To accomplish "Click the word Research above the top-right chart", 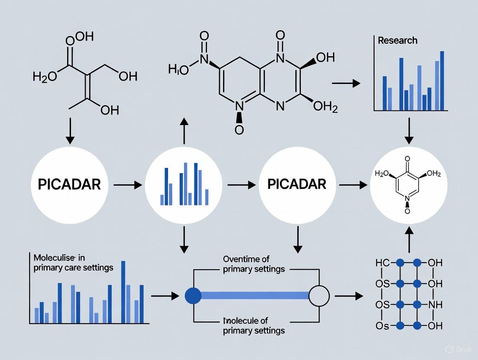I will tap(397, 41).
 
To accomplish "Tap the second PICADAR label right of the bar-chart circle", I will tap(297, 184).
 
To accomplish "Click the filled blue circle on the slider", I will tap(193, 296).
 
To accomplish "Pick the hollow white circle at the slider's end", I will tap(319, 296).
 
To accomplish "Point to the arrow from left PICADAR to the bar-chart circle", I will tap(128, 185).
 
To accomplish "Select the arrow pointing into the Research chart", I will tap(346, 83).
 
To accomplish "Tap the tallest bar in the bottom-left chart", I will tap(123, 292).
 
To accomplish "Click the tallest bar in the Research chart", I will tap(442, 81).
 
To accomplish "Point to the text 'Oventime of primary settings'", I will tap(254, 264).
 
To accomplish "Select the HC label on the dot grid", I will tap(383, 263).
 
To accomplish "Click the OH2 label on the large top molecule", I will tap(325, 106).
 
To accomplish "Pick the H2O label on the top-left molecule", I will tap(45, 77).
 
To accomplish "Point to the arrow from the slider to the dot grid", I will tap(349, 296).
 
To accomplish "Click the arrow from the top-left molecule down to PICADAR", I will tap(70, 132).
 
